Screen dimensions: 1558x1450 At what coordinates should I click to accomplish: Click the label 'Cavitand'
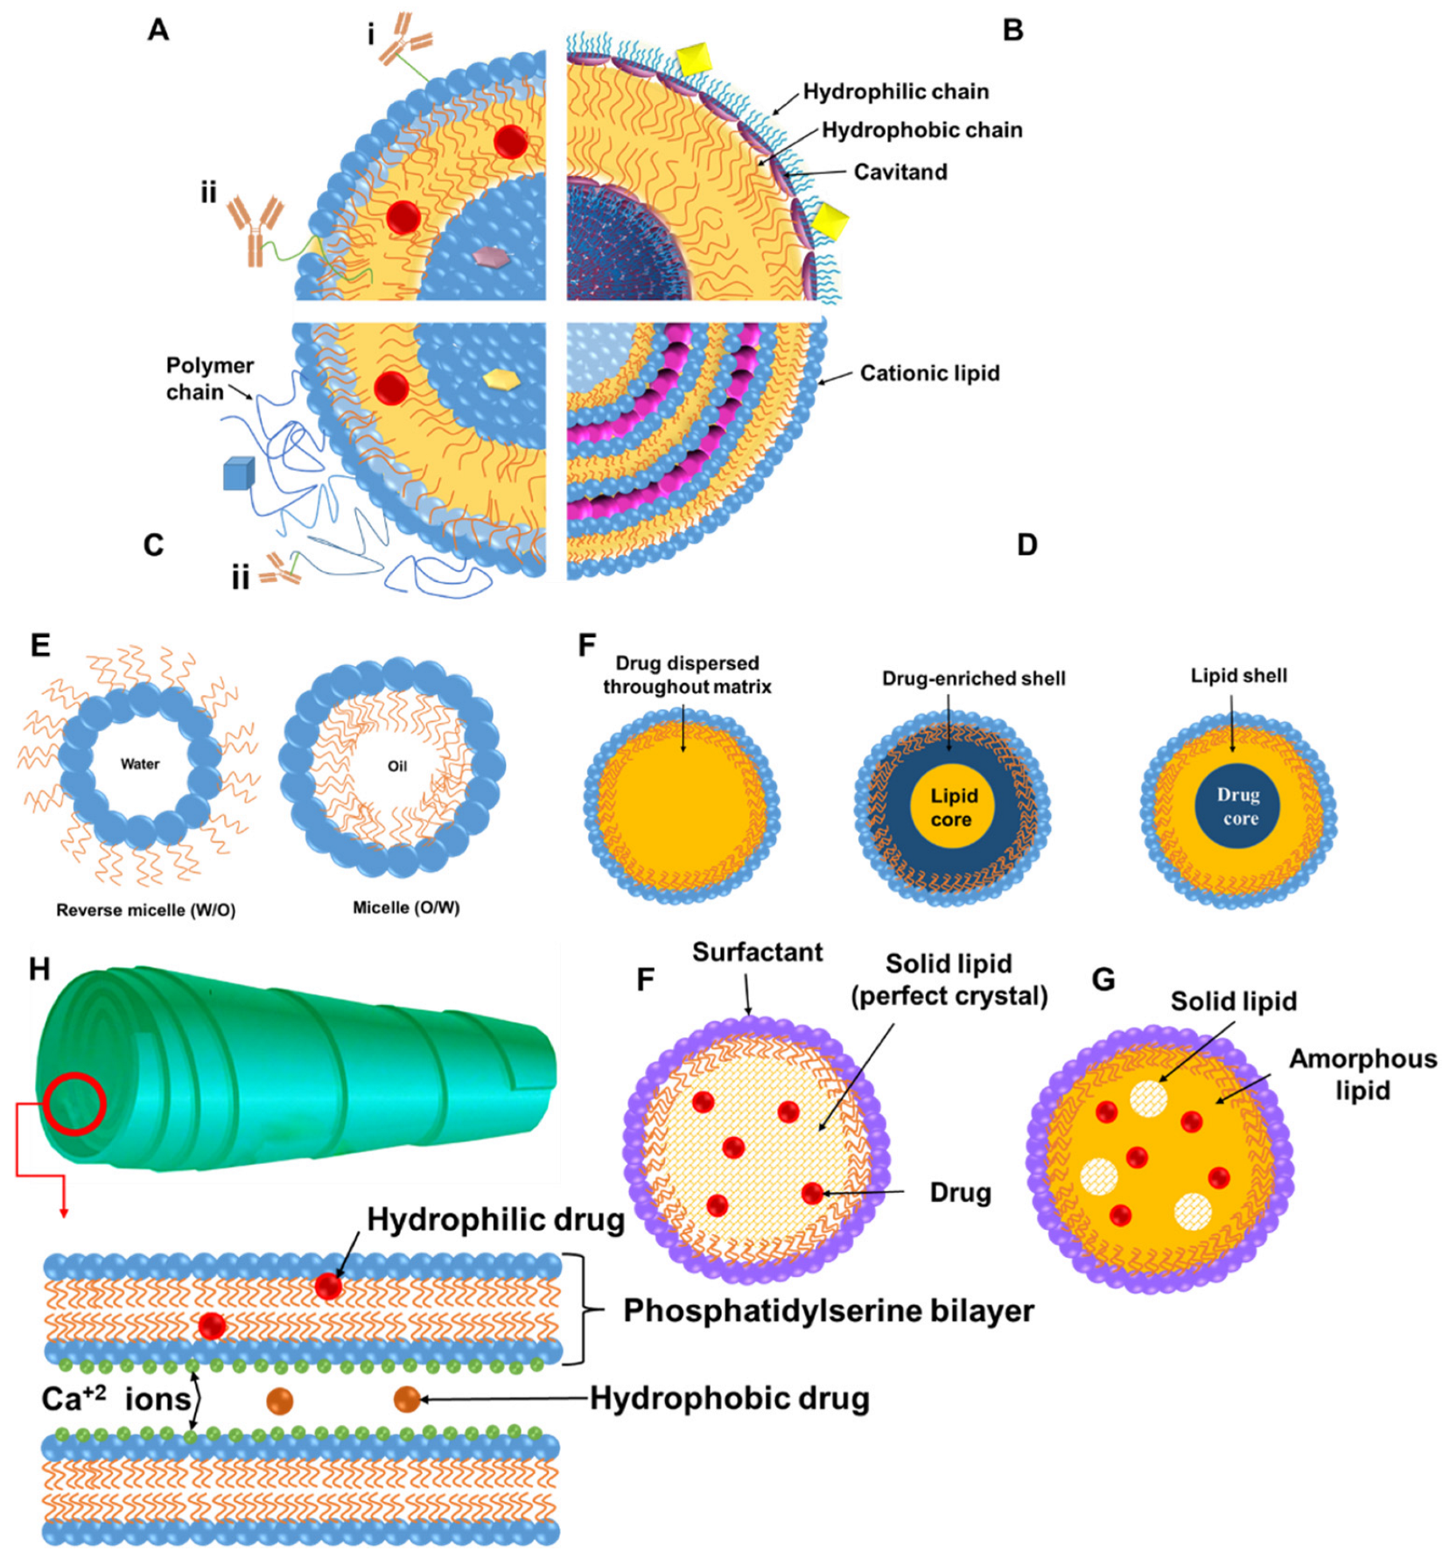(900, 172)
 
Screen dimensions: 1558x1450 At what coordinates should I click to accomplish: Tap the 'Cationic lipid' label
(929, 373)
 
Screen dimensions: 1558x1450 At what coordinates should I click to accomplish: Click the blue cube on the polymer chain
(238, 474)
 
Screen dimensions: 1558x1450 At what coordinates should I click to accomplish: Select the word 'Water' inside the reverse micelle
(140, 764)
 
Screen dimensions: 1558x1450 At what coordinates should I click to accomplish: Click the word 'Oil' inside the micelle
(397, 766)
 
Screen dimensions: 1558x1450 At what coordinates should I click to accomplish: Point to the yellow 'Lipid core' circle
(952, 807)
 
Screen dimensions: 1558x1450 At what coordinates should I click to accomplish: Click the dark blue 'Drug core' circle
(1237, 806)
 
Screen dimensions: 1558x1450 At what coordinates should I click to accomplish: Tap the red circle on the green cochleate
(75, 1104)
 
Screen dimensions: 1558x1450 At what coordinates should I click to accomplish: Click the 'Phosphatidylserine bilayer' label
(828, 1310)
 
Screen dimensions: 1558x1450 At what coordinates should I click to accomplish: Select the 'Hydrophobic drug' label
(730, 1398)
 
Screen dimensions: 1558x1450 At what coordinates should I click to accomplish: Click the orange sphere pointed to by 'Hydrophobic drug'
(407, 1399)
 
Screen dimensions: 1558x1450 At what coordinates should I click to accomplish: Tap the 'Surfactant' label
(757, 952)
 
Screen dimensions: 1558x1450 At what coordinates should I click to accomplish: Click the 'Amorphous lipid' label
(1362, 1074)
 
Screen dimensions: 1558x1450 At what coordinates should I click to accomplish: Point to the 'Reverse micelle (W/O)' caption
(145, 910)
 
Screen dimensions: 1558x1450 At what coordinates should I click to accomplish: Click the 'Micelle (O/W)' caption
(406, 908)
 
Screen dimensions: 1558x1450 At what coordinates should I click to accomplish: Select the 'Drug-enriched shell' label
(973, 678)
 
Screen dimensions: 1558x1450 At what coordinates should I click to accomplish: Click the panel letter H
(39, 969)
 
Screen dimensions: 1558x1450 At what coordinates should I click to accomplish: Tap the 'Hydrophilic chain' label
(895, 91)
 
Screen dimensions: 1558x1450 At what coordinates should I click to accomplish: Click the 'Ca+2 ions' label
(116, 1399)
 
